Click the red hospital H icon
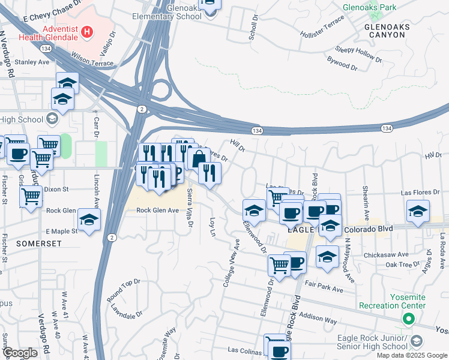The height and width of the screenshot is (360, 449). point(88,31)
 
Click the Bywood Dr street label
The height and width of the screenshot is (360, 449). point(342,63)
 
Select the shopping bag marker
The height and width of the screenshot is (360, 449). point(199,158)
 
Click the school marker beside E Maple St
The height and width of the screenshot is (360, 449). point(89,220)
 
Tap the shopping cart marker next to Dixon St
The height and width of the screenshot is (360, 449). point(31,196)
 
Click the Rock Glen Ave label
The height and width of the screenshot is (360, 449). point(157,210)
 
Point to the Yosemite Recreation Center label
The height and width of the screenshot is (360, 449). point(392,301)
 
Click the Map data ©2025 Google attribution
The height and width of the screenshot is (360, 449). point(412,355)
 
